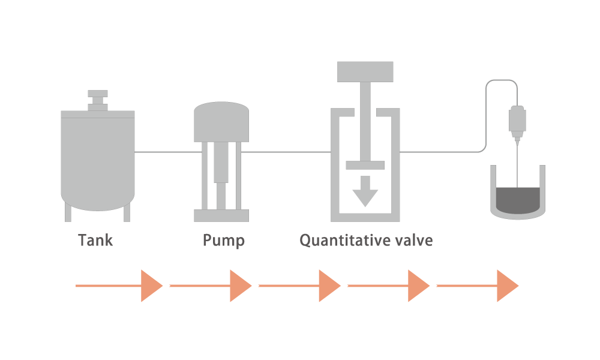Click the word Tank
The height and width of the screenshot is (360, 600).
pyautogui.click(x=95, y=240)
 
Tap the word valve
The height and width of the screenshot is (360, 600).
pyautogui.click(x=414, y=240)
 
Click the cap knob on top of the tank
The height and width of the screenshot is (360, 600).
pyautogui.click(x=98, y=100)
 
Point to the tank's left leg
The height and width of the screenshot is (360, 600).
pyautogui.click(x=68, y=212)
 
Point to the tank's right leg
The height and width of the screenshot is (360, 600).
pyautogui.click(x=127, y=212)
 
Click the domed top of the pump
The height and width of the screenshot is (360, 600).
pyautogui.click(x=221, y=122)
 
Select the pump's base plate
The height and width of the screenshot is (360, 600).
pyautogui.click(x=221, y=215)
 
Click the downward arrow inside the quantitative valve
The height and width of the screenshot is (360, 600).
pyautogui.click(x=365, y=191)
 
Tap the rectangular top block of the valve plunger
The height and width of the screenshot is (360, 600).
pyautogui.click(x=365, y=71)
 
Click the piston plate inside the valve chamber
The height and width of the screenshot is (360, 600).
pyautogui.click(x=365, y=165)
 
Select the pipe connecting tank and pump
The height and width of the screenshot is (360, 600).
pyautogui.click(x=168, y=152)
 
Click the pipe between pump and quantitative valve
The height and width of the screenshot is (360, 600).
pyautogui.click(x=286, y=152)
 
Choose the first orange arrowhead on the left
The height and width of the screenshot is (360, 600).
pyautogui.click(x=152, y=286)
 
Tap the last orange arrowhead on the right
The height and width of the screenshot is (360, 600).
pyautogui.click(x=508, y=286)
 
